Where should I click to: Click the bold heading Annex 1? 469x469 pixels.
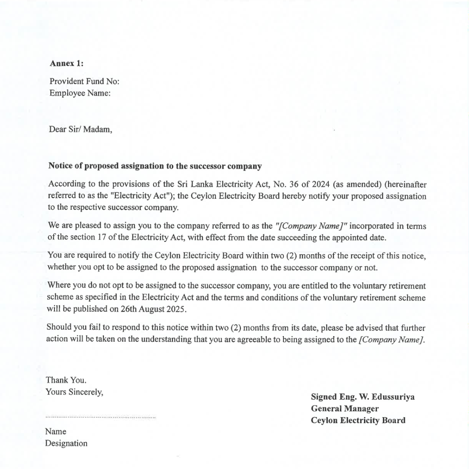[x=66, y=63]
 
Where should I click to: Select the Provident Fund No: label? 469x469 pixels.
[x=84, y=81]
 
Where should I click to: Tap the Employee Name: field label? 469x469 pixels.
[x=80, y=93]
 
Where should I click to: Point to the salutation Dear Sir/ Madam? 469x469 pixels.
[x=80, y=129]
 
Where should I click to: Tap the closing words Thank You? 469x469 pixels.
[x=66, y=380]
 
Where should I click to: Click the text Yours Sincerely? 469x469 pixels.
[x=74, y=391]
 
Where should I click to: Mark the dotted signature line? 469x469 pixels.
[x=100, y=417]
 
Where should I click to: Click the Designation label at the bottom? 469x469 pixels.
[x=66, y=443]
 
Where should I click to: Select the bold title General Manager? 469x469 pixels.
[x=345, y=409]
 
